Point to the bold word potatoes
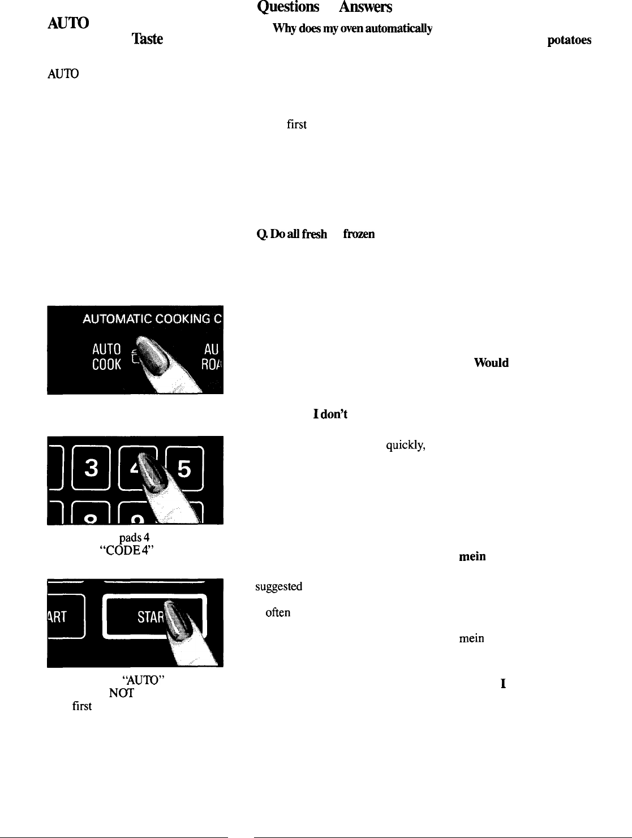click(569, 41)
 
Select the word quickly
click(405, 445)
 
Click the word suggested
click(278, 587)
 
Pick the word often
click(278, 613)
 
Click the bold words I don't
click(330, 414)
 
